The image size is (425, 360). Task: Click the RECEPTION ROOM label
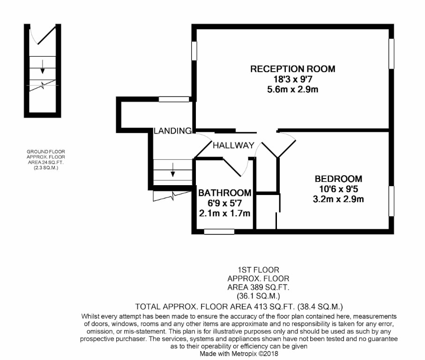293,69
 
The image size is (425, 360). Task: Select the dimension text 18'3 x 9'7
293,79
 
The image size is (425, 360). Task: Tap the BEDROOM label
338,179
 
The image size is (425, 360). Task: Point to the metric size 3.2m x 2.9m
338,199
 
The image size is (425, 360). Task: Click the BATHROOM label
225,193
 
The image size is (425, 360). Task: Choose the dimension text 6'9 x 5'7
225,203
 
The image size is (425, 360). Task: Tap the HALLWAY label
233,145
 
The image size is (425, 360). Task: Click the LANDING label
173,130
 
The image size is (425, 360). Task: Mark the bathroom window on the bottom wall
219,231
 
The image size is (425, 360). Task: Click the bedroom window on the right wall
391,202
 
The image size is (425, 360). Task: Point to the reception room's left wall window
194,51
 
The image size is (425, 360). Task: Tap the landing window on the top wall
173,99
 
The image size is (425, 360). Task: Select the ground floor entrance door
37,35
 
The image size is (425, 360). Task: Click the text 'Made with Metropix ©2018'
239,354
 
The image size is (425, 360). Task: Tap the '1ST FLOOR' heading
258,270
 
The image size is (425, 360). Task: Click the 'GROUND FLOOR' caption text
45,151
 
